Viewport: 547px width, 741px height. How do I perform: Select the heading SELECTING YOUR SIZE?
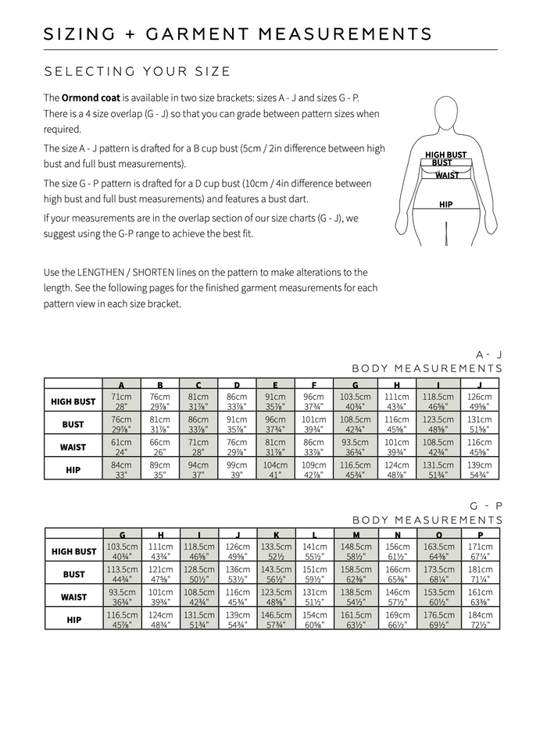(137, 72)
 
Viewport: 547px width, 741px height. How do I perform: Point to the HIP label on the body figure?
(445, 205)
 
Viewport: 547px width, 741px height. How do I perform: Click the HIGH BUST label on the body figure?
(445, 155)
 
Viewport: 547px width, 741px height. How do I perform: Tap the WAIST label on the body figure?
(447, 176)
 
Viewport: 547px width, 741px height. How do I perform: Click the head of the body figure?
(446, 114)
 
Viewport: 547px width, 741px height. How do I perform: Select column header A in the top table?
(121, 385)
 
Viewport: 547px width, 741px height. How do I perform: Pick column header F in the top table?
(313, 385)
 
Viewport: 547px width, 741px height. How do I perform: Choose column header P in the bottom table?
(479, 535)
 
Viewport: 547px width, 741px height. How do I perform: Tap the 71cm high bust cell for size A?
(121, 401)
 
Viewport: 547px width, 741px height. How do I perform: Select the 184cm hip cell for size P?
(479, 620)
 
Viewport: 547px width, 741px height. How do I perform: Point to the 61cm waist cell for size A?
(121, 447)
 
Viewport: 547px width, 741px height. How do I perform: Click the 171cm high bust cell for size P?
(479, 551)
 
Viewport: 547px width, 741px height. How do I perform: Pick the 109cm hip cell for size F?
(313, 469)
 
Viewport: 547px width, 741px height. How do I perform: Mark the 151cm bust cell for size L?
(313, 574)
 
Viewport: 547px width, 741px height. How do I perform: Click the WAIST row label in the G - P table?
(73, 597)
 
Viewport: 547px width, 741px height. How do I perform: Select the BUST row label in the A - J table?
(73, 424)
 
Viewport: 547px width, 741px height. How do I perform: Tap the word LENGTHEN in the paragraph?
(103, 273)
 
